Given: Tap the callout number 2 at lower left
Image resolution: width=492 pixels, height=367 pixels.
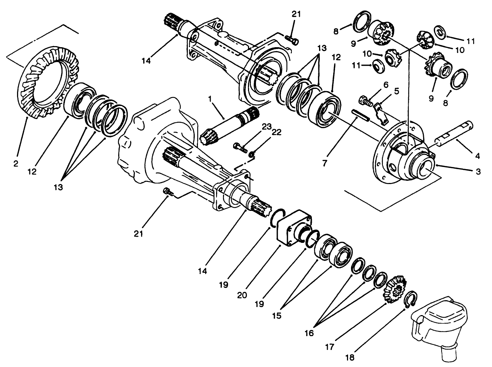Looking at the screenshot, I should point(16,164).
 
